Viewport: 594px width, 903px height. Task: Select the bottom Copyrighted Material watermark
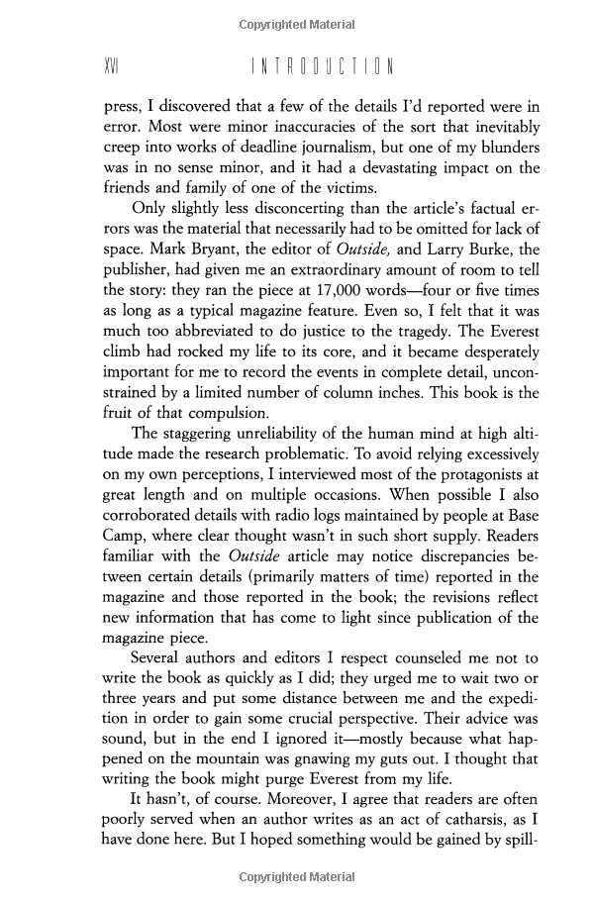coord(297,877)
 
